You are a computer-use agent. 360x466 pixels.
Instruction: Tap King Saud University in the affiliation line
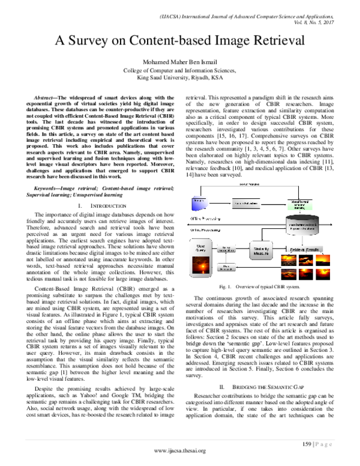coord(161,77)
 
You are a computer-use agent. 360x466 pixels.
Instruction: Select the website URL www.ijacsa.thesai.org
coord(179,450)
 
